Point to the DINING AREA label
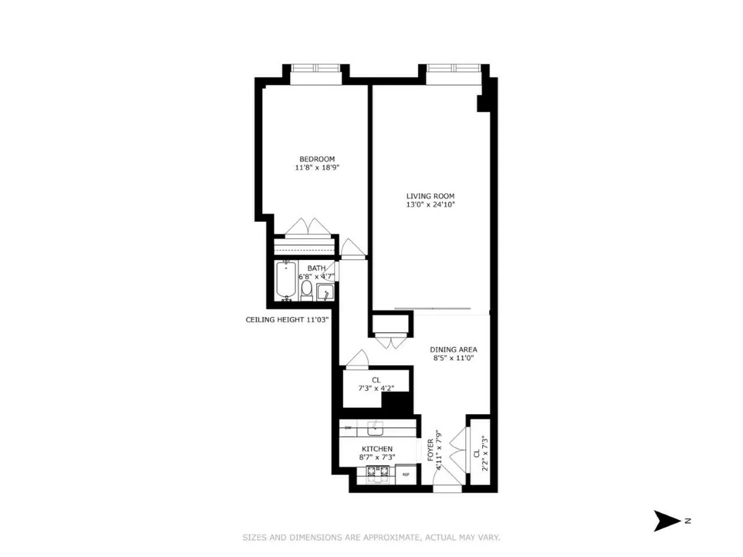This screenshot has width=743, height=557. coord(453,350)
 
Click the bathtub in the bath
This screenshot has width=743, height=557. coord(286,281)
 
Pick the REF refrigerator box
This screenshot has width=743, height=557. coord(406,475)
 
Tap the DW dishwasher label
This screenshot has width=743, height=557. coord(347,428)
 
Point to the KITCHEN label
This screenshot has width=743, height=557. coord(377,449)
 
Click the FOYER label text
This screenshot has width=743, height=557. coord(430,450)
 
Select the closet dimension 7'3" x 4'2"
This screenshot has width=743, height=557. coord(376,388)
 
